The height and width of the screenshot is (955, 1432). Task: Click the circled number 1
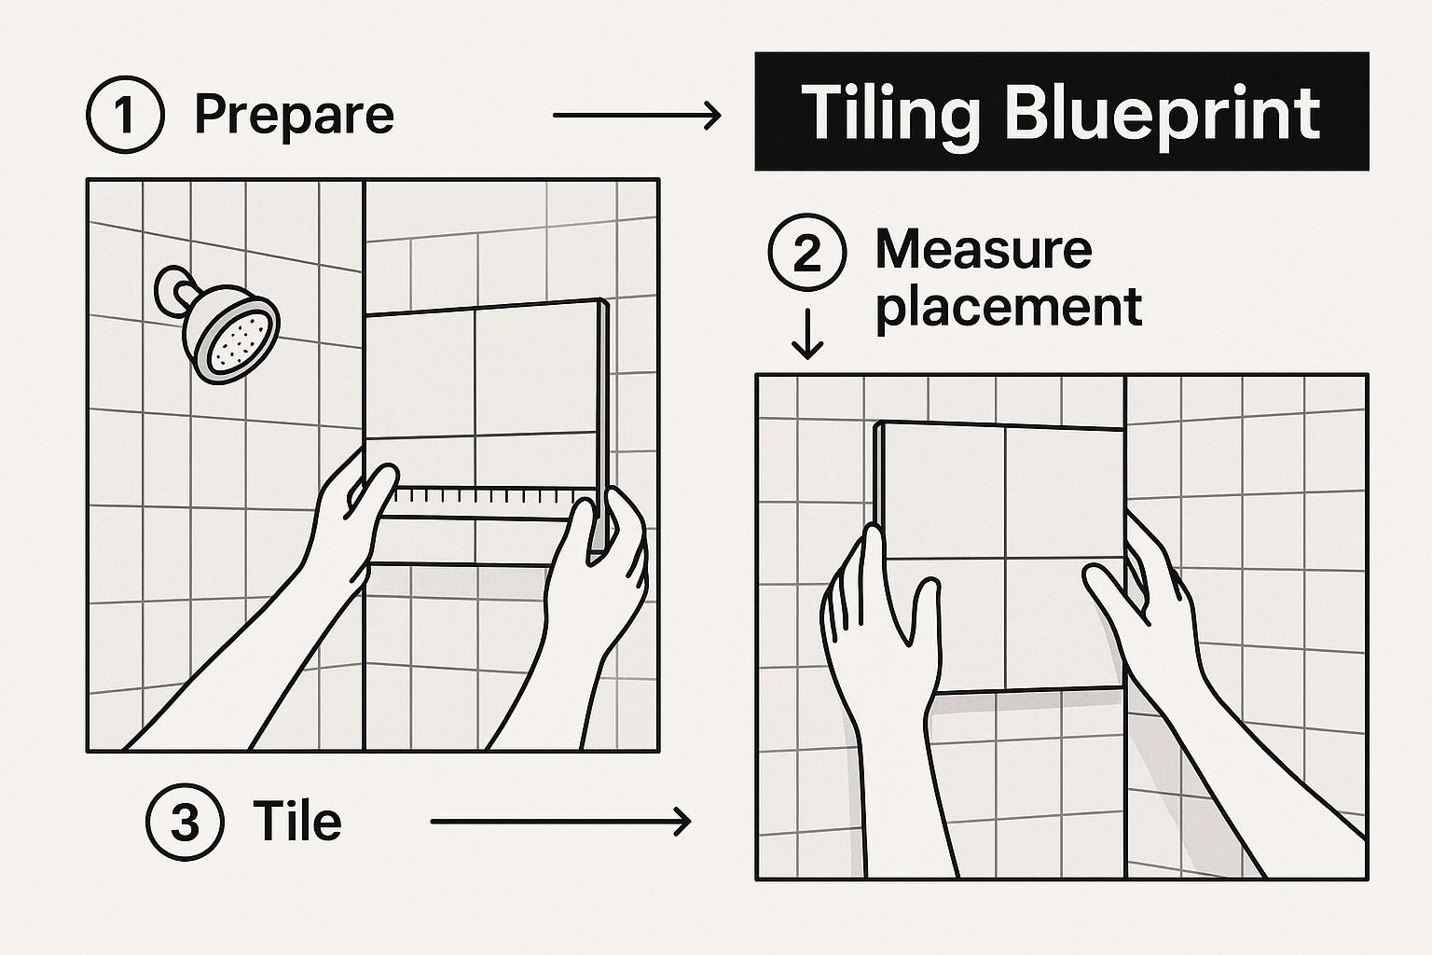tap(125, 115)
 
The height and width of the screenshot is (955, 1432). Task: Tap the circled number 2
tap(806, 252)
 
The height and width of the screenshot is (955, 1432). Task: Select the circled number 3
tap(186, 822)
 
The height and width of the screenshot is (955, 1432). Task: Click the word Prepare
tap(294, 116)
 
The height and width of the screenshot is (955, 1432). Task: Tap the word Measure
tap(984, 250)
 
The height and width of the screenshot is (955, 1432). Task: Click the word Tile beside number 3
tap(297, 821)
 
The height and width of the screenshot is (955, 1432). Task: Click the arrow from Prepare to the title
tap(637, 115)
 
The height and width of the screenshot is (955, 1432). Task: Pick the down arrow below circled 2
tap(806, 334)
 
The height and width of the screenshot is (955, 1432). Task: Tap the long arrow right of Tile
tap(560, 822)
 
